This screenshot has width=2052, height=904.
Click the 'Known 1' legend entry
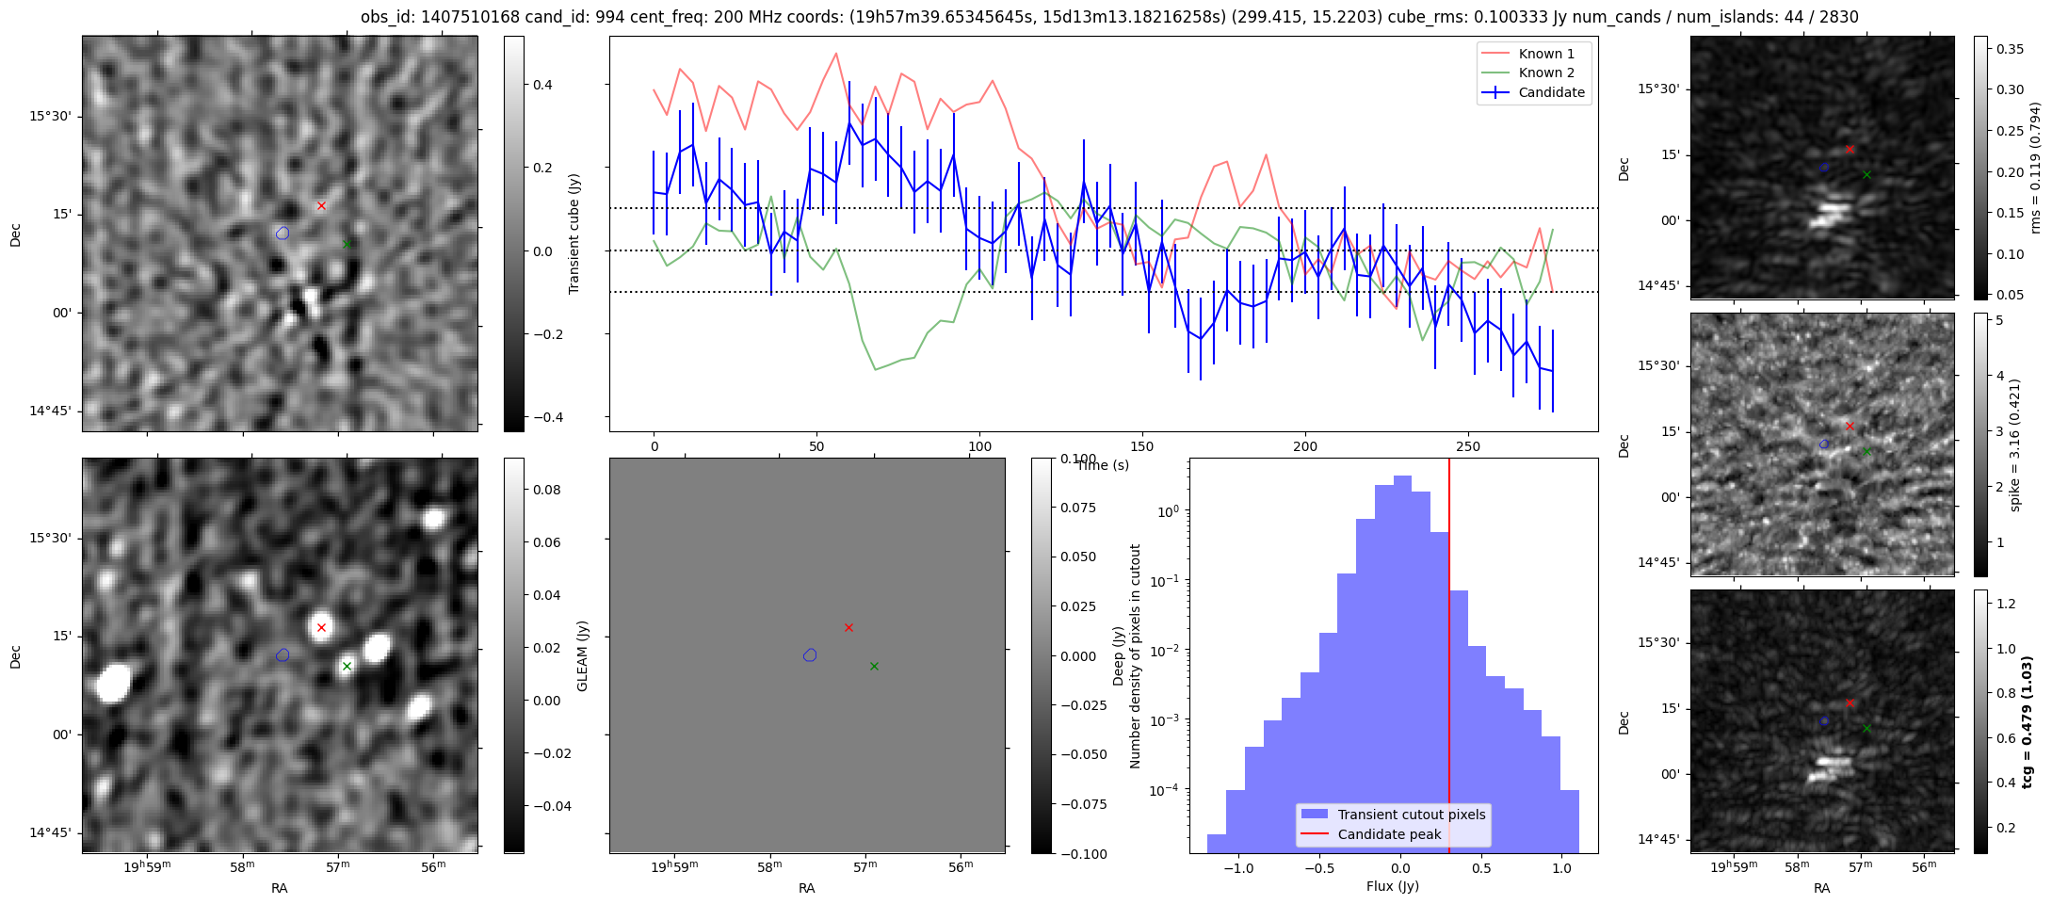[x=1546, y=54]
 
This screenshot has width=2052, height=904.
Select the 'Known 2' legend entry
[x=1546, y=73]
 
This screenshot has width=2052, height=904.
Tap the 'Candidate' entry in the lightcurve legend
[x=1551, y=92]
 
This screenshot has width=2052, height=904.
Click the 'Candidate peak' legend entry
[x=1389, y=834]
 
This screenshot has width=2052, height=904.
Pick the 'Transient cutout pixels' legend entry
[x=1411, y=815]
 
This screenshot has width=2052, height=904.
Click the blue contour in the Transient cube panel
[x=283, y=233]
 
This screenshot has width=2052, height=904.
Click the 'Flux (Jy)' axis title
[x=1392, y=886]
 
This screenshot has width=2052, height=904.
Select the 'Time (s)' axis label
[x=1102, y=465]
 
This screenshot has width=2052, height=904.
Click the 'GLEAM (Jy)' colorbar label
[x=582, y=655]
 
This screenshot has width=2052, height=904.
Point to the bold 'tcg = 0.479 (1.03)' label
[x=2027, y=721]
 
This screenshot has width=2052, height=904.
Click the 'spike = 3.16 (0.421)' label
[x=2015, y=444]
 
